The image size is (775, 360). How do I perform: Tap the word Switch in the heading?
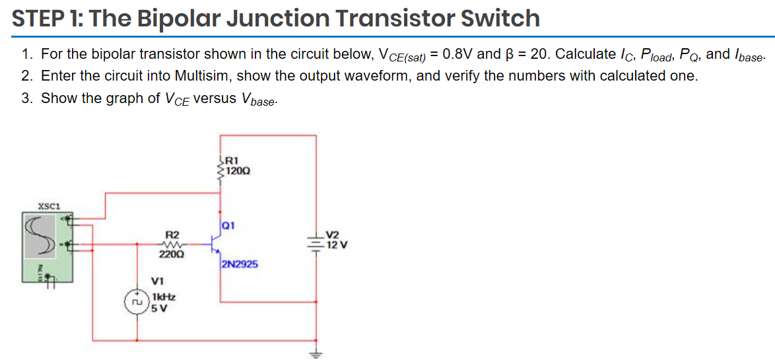pyautogui.click(x=500, y=18)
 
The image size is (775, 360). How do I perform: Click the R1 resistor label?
pyautogui.click(x=232, y=159)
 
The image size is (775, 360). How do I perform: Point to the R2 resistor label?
pyautogui.click(x=172, y=234)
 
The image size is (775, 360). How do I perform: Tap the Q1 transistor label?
pyautogui.click(x=228, y=225)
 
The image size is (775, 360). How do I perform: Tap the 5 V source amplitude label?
pyautogui.click(x=158, y=307)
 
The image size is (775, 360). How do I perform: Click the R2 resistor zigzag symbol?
pyautogui.click(x=172, y=244)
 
